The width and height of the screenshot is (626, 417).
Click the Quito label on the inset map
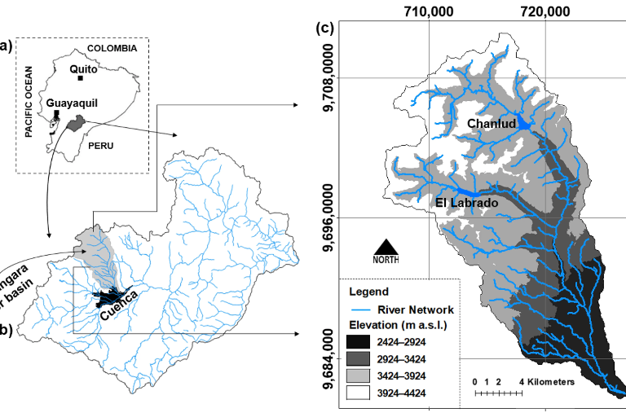point(83,68)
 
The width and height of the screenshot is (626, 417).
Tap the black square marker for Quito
point(80,78)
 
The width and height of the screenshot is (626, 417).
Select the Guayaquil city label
point(70,103)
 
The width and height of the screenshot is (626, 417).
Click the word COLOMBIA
point(112,49)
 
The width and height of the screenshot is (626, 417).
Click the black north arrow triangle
point(386,247)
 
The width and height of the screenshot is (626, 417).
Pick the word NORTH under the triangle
point(386,261)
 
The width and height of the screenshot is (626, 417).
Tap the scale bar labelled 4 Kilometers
point(498,393)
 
